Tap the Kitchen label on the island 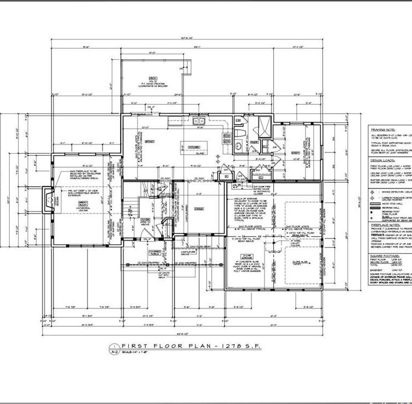pyautogui.click(x=195, y=147)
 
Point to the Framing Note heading pyautogui.click(x=384, y=130)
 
